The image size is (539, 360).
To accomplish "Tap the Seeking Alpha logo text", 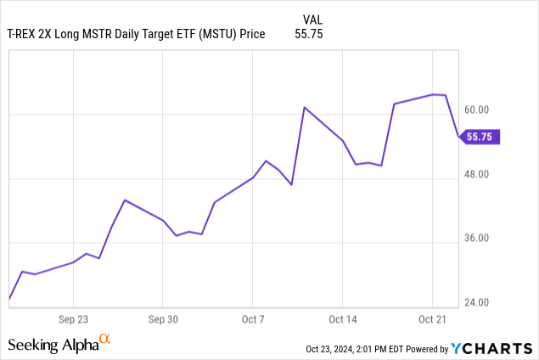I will pos(53,345).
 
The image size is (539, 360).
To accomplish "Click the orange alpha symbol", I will pos(105,339).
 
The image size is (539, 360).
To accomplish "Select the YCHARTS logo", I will pos(491,348).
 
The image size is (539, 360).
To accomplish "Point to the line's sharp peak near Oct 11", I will pos(305,107).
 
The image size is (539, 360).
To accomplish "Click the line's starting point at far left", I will pos(9,299).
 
